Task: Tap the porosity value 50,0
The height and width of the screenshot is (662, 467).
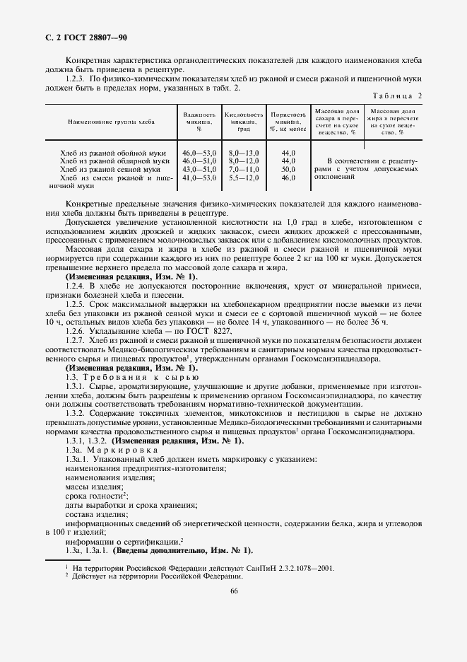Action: (x=288, y=170)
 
